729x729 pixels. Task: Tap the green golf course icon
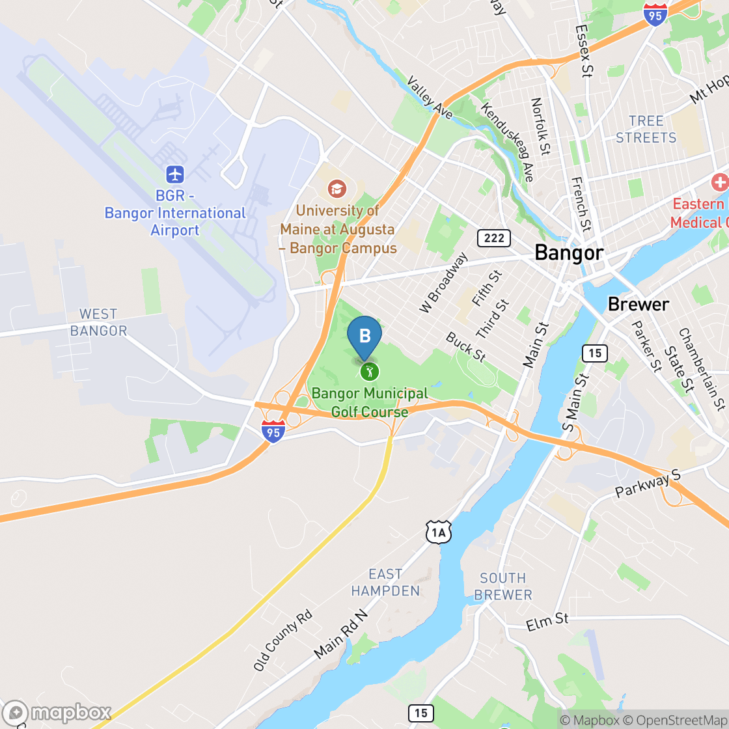[370, 372]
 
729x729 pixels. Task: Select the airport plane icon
[175, 174]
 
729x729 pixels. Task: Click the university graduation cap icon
[337, 189]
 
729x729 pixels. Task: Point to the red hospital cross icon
[720, 182]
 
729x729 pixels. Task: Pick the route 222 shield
[494, 238]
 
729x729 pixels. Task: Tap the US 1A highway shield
[439, 533]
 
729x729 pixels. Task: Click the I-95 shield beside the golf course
[274, 431]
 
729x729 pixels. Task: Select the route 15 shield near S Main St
[594, 353]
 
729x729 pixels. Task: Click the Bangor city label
[569, 253]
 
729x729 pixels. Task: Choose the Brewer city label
[638, 304]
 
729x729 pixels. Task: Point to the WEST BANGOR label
[99, 323]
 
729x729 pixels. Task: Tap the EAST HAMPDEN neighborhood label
[385, 583]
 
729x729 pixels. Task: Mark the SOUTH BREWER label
[503, 586]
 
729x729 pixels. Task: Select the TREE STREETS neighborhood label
[646, 129]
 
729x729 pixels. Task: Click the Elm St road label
[547, 622]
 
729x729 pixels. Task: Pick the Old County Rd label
[283, 640]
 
